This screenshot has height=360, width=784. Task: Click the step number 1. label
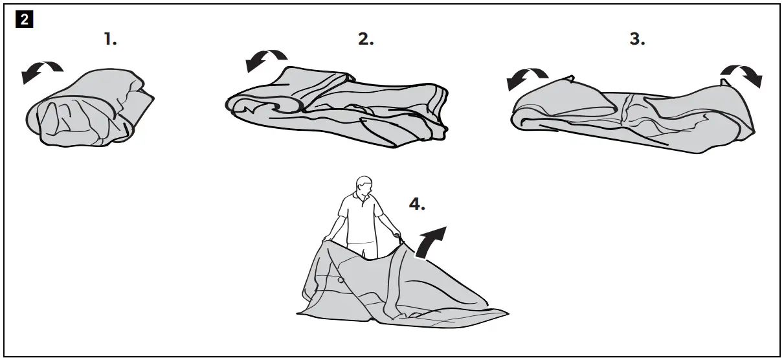point(111,39)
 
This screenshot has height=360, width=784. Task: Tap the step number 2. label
point(366,39)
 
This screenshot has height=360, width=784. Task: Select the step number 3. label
point(638,39)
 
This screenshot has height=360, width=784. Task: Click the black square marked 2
point(25,19)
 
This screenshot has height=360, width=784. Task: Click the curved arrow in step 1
point(41,71)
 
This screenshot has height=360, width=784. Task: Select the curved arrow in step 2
point(265,60)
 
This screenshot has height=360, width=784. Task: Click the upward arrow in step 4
point(430,242)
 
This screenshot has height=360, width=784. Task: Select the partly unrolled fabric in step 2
point(337,107)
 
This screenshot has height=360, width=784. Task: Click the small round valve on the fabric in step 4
point(340,280)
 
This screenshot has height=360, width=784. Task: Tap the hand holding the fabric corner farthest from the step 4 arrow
point(328,238)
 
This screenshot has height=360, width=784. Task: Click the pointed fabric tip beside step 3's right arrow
point(723,82)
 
